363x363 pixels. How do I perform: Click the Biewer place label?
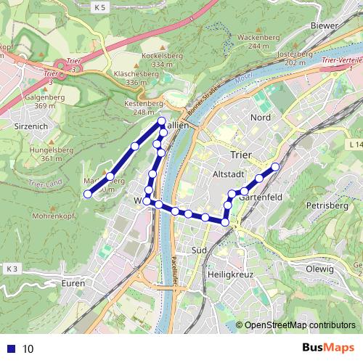324,25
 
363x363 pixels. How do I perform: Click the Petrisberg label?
323,205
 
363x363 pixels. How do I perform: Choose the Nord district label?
260,118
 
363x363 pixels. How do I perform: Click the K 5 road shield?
100,7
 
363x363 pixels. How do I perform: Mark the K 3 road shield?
9,269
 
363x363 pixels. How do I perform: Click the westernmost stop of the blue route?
87,194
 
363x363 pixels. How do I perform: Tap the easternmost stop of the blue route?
275,167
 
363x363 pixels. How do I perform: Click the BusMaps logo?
327,348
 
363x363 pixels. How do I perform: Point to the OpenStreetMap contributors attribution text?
298,325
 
